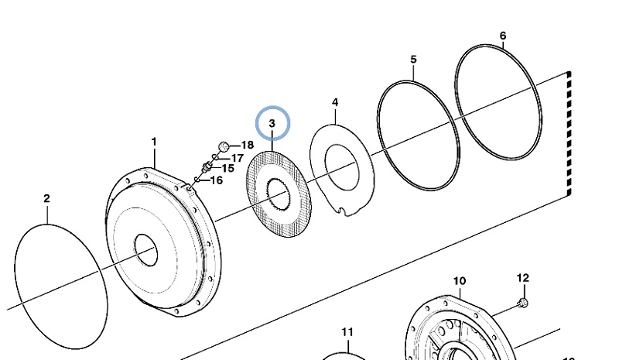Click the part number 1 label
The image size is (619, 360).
(154, 142)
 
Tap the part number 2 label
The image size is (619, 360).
(46, 199)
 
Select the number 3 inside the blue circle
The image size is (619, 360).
(272, 123)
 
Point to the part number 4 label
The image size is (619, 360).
(335, 102)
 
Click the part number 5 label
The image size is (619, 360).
(413, 60)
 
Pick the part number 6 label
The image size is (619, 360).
(503, 36)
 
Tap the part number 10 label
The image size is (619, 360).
(459, 280)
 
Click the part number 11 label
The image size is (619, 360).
(347, 332)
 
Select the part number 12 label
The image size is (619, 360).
(522, 277)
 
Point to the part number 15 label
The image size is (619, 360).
(227, 168)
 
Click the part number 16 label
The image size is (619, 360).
(217, 180)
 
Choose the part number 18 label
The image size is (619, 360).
(247, 145)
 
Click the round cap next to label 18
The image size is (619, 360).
(223, 145)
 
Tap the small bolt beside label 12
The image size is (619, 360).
(523, 301)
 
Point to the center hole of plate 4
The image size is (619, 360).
(343, 165)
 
